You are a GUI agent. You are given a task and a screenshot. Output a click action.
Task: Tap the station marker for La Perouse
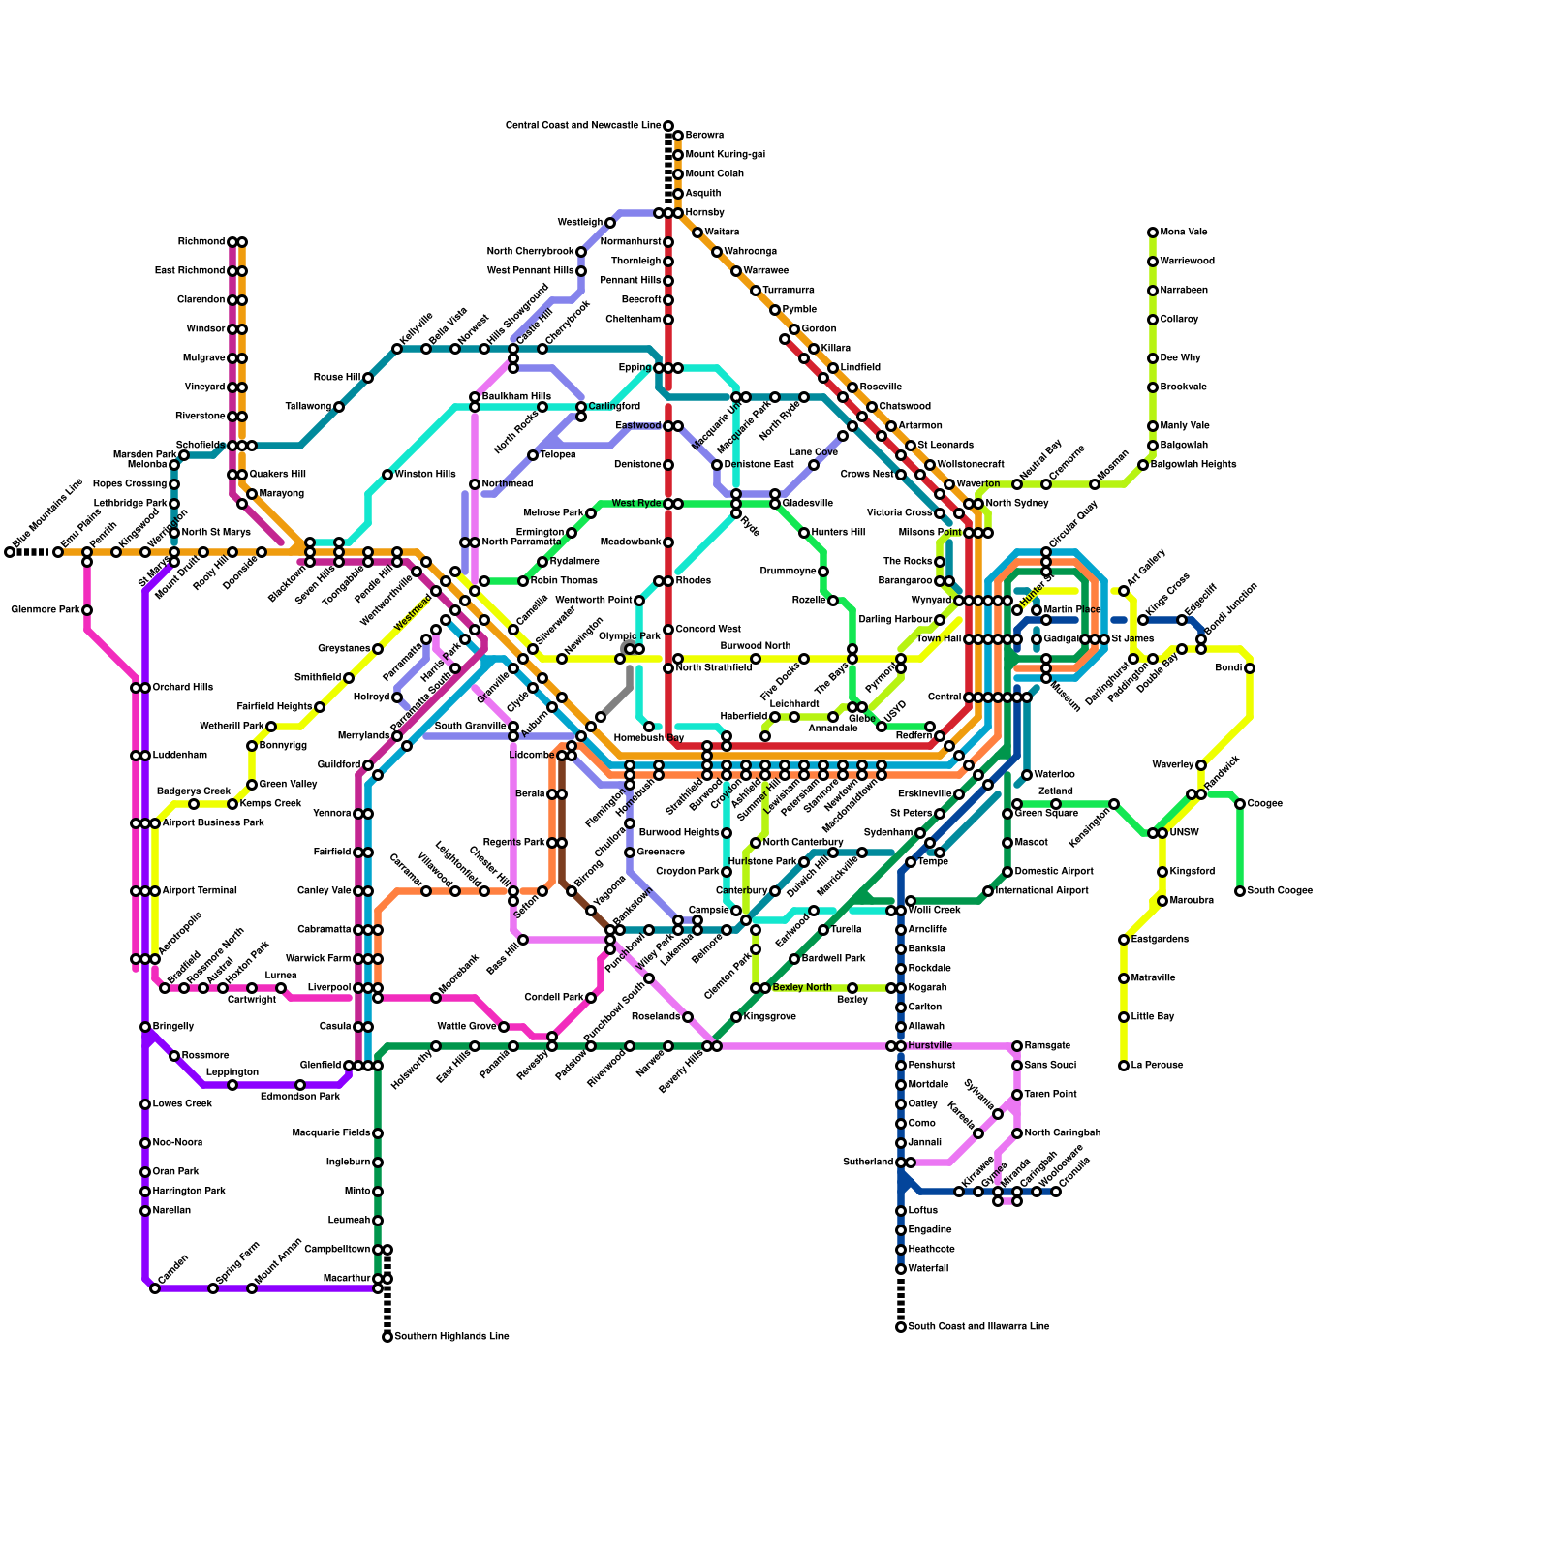pyautogui.click(x=1124, y=1066)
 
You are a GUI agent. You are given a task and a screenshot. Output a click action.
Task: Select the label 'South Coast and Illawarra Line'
pyautogui.click(x=978, y=1327)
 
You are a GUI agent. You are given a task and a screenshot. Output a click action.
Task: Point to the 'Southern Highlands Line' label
pyautogui.click(x=451, y=1337)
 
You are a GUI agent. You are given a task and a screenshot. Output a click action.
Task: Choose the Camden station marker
pyautogui.click(x=155, y=1288)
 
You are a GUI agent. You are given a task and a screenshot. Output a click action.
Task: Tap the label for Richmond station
pyautogui.click(x=201, y=242)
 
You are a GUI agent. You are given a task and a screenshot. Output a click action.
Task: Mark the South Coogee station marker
pyautogui.click(x=1240, y=891)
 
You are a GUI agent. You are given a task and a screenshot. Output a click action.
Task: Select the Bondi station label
pyautogui.click(x=1227, y=668)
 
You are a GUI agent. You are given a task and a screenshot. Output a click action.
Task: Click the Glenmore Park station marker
pyautogui.click(x=87, y=610)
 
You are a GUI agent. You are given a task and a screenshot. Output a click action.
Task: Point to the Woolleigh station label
pyautogui.click(x=580, y=223)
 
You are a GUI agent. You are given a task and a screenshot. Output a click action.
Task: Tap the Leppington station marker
pyautogui.click(x=232, y=1085)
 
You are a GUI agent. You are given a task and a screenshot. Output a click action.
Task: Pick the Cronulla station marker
pyautogui.click(x=1056, y=1192)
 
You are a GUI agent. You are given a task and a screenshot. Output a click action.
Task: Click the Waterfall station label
pyautogui.click(x=929, y=1269)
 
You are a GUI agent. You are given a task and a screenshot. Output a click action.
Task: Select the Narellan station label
pyautogui.click(x=171, y=1211)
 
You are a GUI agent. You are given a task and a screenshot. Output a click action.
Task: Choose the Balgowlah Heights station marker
pyautogui.click(x=1143, y=465)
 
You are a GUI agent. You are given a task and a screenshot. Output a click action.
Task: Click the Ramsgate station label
pyautogui.click(x=1047, y=1046)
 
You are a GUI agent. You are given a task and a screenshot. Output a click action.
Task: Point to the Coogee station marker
pyautogui.click(x=1240, y=804)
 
